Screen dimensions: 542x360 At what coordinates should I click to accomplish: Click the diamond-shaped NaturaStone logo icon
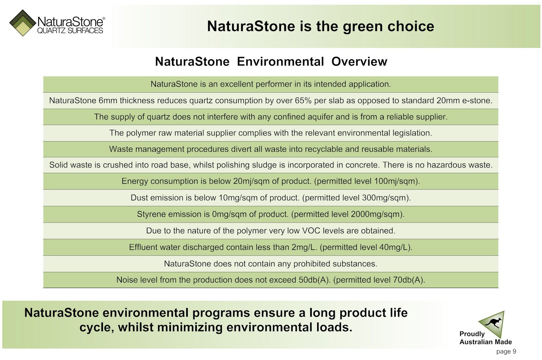coord(23,23)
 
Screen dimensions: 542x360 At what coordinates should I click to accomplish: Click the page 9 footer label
coord(506,351)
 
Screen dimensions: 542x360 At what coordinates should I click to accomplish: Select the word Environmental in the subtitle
coord(280,62)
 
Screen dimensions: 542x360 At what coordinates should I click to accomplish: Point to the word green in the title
coord(363,27)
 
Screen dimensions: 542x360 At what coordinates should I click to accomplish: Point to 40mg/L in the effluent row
coord(393,247)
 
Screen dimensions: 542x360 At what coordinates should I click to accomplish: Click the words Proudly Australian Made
coord(485,338)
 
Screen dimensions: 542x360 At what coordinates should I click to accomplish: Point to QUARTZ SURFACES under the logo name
coord(70,30)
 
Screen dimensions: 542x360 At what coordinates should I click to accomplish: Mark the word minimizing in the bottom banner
coord(190,327)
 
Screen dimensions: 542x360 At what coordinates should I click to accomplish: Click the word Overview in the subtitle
coord(359,62)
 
